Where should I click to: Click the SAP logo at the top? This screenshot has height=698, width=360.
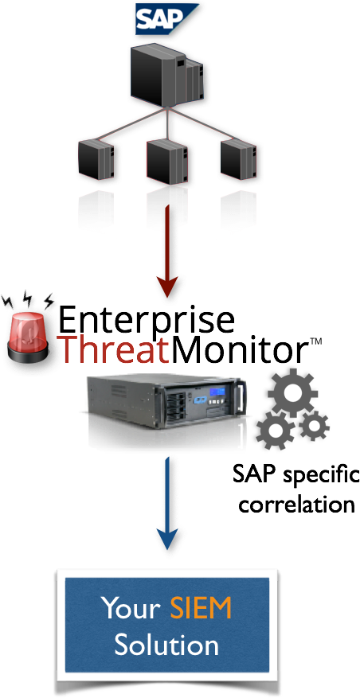pos(167,19)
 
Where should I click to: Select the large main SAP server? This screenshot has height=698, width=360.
pos(166,74)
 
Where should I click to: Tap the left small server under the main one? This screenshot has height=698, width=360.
pos(96,160)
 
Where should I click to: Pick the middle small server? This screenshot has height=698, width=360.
pos(166,161)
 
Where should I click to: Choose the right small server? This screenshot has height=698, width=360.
pos(238,159)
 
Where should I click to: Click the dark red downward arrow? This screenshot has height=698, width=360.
pos(167,252)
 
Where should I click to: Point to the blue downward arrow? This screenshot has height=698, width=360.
pos(167,504)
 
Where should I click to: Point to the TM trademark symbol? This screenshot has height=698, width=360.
pos(315,341)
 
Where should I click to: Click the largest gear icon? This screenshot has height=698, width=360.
pos(292,393)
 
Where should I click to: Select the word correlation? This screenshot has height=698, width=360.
pos(296,505)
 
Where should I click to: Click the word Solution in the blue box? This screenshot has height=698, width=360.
pos(166,644)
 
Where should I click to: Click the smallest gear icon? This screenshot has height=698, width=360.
pos(314,426)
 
